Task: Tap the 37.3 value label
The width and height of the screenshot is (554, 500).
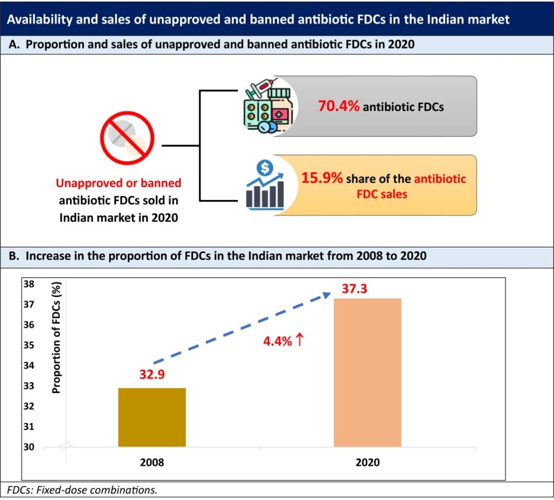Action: tap(355, 289)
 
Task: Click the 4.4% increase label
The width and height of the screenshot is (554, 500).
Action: tap(285, 341)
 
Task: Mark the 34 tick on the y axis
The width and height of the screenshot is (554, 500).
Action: tap(30, 365)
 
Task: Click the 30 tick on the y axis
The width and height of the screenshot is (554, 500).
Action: tap(30, 447)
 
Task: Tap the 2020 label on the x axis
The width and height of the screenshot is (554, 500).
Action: tap(368, 463)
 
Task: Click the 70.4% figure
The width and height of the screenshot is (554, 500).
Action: tap(338, 106)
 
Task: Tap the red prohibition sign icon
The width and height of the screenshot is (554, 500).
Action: tap(127, 138)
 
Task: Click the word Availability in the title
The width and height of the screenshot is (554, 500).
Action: tap(39, 20)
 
